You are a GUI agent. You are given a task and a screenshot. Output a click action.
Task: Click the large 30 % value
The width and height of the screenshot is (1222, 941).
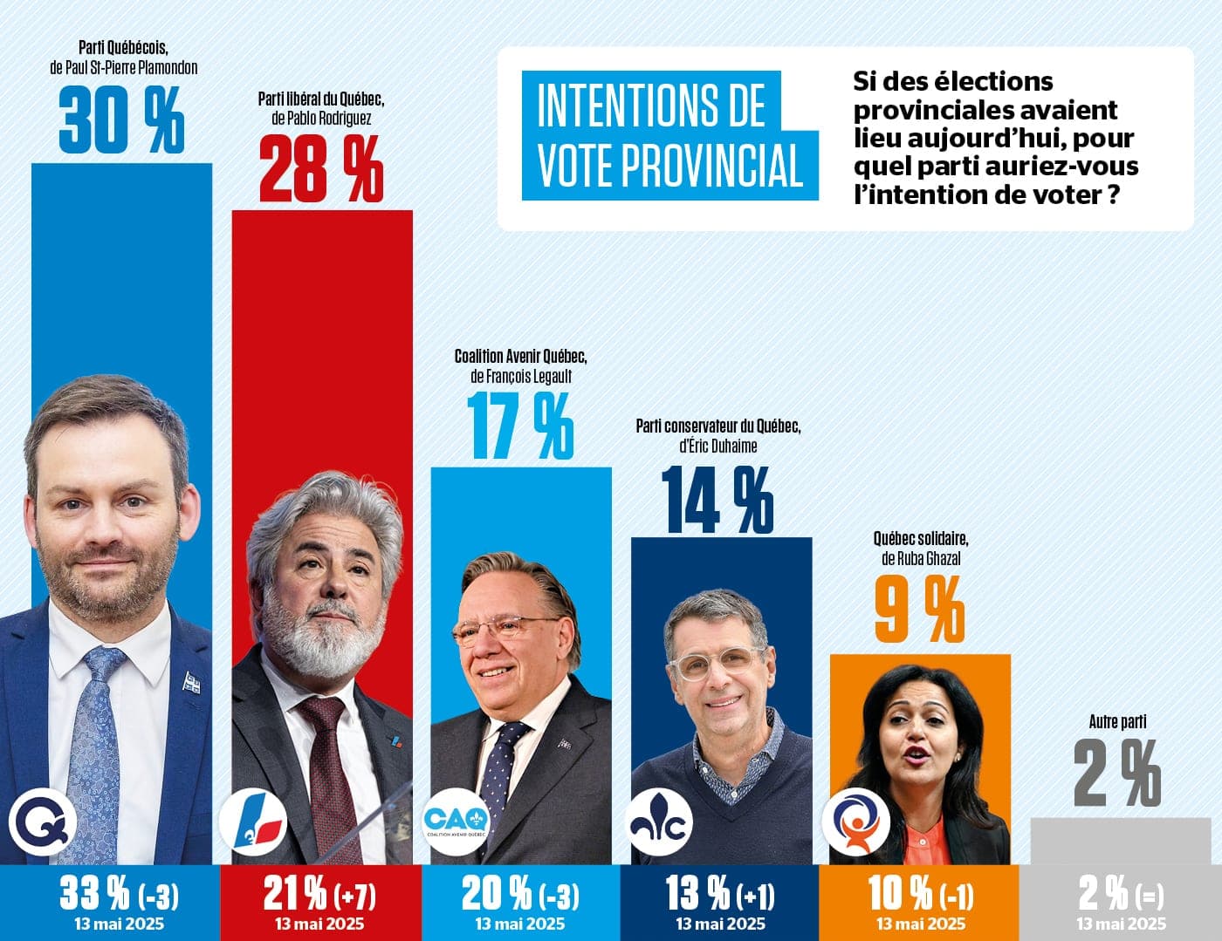pos(122,120)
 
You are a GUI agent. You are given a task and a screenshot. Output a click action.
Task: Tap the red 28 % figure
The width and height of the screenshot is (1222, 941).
pos(321,170)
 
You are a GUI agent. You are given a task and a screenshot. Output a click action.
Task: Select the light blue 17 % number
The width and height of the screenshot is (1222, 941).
pos(521,426)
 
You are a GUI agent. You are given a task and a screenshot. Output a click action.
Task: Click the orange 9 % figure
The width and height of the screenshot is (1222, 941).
pos(919,610)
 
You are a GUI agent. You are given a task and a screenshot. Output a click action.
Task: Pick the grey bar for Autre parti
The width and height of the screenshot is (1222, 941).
pos(1121,841)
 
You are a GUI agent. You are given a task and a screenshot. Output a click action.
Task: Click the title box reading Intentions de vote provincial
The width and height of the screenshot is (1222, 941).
pos(669,136)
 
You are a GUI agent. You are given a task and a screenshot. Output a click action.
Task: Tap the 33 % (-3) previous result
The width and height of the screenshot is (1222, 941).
pos(120,893)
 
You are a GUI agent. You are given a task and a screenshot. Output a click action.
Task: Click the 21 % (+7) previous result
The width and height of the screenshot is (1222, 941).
pos(319,893)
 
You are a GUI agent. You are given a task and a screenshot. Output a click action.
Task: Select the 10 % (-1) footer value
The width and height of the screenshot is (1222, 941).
pos(921,893)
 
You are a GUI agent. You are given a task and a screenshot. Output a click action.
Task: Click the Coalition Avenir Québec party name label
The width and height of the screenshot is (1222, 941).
pos(521,357)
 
